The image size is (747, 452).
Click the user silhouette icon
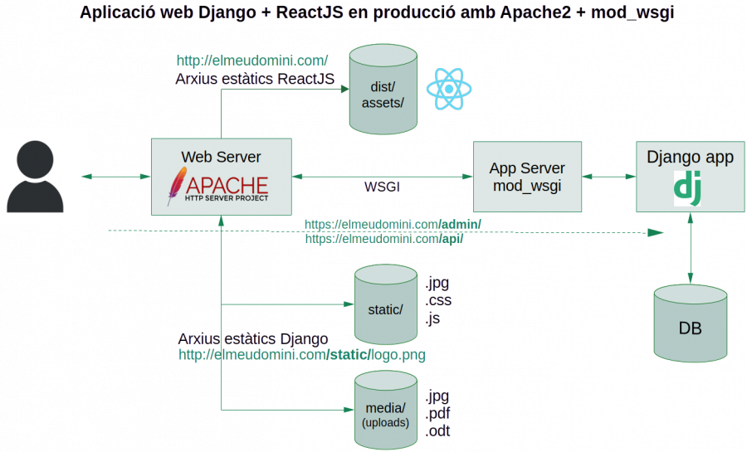(x=36, y=176)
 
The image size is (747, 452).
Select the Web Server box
(x=221, y=177)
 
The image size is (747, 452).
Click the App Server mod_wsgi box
(x=526, y=177)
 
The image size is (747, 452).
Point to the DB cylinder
(x=690, y=323)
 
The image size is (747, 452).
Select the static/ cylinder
(x=385, y=305)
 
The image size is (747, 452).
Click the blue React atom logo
(x=448, y=89)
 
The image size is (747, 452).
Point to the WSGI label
(x=382, y=187)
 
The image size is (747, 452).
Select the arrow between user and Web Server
(x=115, y=177)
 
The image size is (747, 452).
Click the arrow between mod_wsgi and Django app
(x=608, y=177)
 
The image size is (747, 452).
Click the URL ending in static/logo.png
(x=302, y=355)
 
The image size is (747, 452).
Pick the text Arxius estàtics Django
(x=253, y=339)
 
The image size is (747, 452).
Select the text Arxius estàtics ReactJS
(x=255, y=79)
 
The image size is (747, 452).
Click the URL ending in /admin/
(x=393, y=224)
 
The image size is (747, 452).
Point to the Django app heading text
(x=690, y=158)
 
